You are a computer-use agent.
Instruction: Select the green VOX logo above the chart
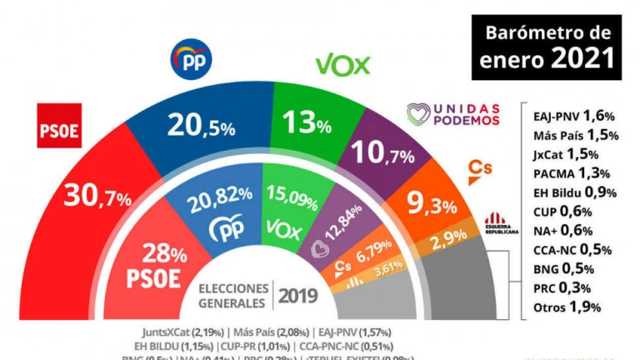click(x=342, y=66)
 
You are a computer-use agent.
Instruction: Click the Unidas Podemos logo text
click(x=452, y=114)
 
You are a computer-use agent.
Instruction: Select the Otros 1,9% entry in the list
click(x=567, y=307)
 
